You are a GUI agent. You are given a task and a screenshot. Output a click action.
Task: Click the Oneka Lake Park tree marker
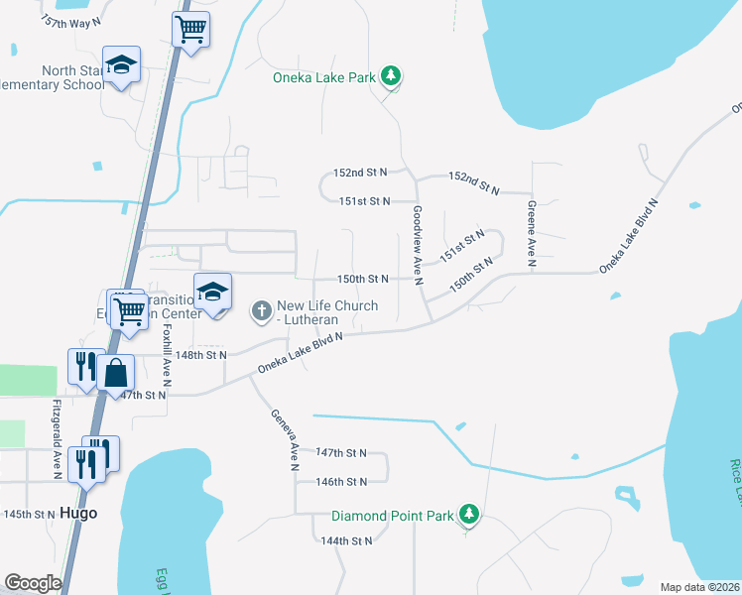tap(392, 76)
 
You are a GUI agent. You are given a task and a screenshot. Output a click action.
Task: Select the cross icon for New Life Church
tap(262, 311)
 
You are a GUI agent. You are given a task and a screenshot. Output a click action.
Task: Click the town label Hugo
tap(79, 514)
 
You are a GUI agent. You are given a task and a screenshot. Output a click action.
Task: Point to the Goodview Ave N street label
tap(419, 246)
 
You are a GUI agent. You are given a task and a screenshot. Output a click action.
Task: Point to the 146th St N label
tap(341, 482)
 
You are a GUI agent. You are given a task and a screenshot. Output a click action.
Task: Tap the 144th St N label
tap(346, 540)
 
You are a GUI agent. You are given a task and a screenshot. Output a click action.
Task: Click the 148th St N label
tap(201, 354)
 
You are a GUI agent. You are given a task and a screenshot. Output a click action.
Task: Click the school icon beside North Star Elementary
tap(122, 64)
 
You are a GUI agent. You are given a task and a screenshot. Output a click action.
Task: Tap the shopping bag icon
tap(116, 374)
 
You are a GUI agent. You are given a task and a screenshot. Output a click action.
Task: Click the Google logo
tap(33, 582)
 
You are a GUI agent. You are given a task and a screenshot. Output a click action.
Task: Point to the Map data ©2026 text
tap(700, 587)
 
